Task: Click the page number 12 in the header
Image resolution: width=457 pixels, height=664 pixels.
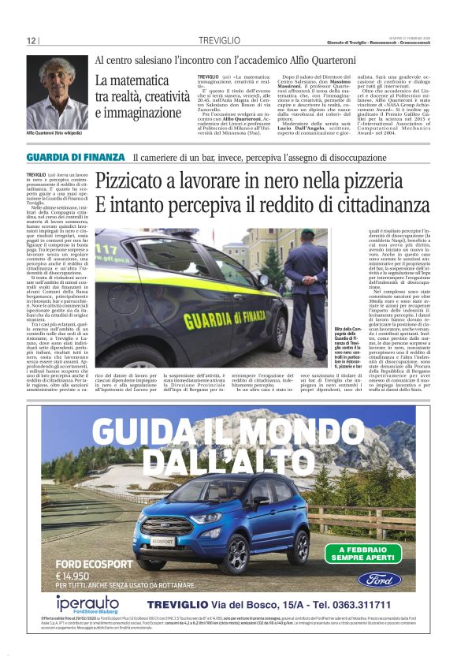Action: click(x=31, y=40)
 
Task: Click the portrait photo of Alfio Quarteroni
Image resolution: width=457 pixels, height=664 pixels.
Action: click(x=57, y=93)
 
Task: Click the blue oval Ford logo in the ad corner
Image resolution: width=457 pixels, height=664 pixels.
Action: click(x=379, y=580)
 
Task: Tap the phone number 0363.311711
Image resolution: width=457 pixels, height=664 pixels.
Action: click(x=351, y=604)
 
